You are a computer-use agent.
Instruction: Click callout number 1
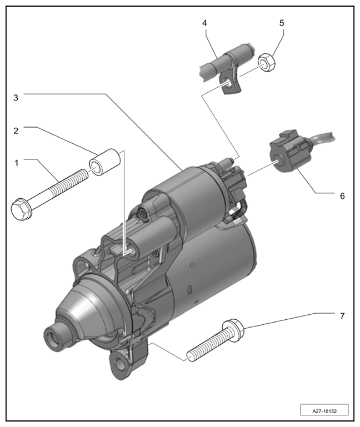[16, 163]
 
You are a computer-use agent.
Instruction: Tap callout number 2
[16, 130]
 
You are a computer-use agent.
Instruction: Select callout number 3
[16, 98]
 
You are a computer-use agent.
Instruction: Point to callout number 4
[204, 23]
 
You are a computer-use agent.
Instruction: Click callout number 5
[282, 23]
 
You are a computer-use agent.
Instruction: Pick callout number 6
[342, 196]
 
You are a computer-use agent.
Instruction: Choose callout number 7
[342, 316]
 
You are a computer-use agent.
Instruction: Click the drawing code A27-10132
[324, 411]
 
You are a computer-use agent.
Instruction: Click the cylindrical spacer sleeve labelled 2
[105, 163]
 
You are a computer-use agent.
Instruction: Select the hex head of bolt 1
[22, 209]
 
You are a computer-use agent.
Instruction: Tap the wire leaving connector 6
[322, 138]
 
